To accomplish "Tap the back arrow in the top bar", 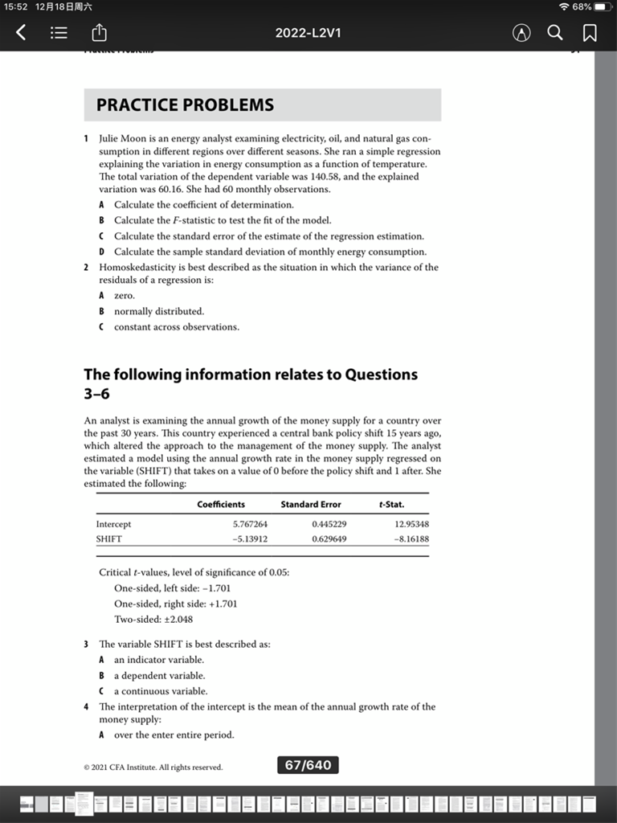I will tap(21, 33).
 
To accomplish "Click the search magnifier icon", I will tap(555, 33).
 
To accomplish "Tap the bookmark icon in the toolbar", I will tap(589, 33).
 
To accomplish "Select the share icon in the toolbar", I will tap(100, 33).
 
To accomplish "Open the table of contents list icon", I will tap(59, 33).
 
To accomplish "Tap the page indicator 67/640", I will tap(308, 765).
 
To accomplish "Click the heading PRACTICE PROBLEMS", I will tap(185, 105).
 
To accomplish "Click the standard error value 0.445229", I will tap(329, 524).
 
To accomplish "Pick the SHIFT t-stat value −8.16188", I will tap(411, 539).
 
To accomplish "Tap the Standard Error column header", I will tap(310, 505).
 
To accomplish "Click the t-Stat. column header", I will tap(391, 505).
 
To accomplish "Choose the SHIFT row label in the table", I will tap(108, 539).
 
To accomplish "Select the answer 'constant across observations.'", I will tap(176, 327).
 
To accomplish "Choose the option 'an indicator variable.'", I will tap(159, 660).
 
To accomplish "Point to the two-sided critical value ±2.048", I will tap(175, 620).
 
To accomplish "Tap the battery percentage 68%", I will tap(581, 6).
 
